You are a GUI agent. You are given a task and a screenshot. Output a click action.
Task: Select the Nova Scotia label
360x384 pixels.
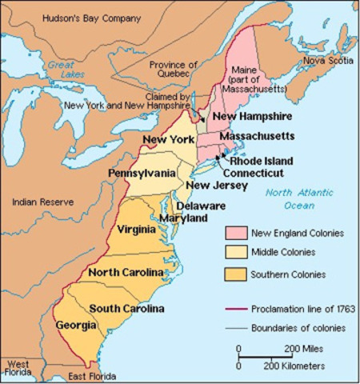tap(327, 58)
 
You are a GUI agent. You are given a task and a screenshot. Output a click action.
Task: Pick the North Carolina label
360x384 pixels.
tap(126, 273)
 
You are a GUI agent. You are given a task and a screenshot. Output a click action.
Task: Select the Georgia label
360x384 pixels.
tap(76, 325)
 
